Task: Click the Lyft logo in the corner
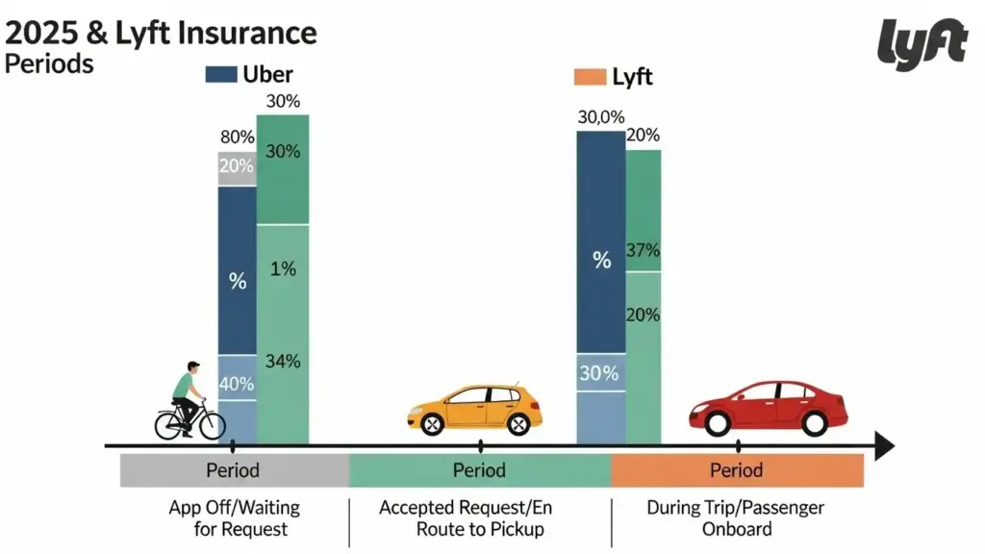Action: tap(922, 43)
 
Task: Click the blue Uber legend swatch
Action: tap(220, 75)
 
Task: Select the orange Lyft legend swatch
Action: tap(589, 76)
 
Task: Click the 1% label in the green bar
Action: tap(282, 270)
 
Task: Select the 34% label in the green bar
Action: tap(282, 362)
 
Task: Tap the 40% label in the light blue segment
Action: tap(237, 383)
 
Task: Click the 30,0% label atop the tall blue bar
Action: tap(601, 117)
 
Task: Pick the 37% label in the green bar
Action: tap(643, 251)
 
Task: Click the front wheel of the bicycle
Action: tap(211, 424)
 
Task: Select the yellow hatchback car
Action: tap(475, 408)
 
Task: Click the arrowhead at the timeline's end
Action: tap(883, 446)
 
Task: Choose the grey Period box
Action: tap(233, 471)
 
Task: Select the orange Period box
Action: tap(737, 471)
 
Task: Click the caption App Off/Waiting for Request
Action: tap(234, 517)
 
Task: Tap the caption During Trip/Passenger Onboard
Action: tap(736, 517)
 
